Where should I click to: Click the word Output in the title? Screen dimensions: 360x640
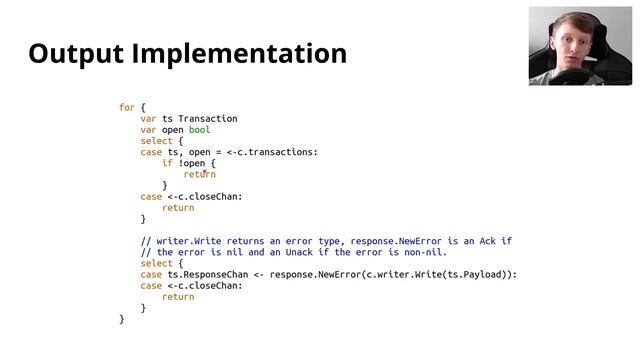point(77,53)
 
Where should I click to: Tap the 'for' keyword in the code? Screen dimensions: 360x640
point(127,107)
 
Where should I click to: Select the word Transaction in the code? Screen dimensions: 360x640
point(208,119)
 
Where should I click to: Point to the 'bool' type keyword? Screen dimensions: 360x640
point(199,130)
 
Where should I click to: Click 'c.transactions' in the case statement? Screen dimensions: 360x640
point(278,152)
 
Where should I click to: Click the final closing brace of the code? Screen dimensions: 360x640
point(122,319)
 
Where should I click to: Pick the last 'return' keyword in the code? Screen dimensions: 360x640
point(178,297)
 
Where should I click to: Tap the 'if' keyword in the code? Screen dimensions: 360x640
point(168,163)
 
